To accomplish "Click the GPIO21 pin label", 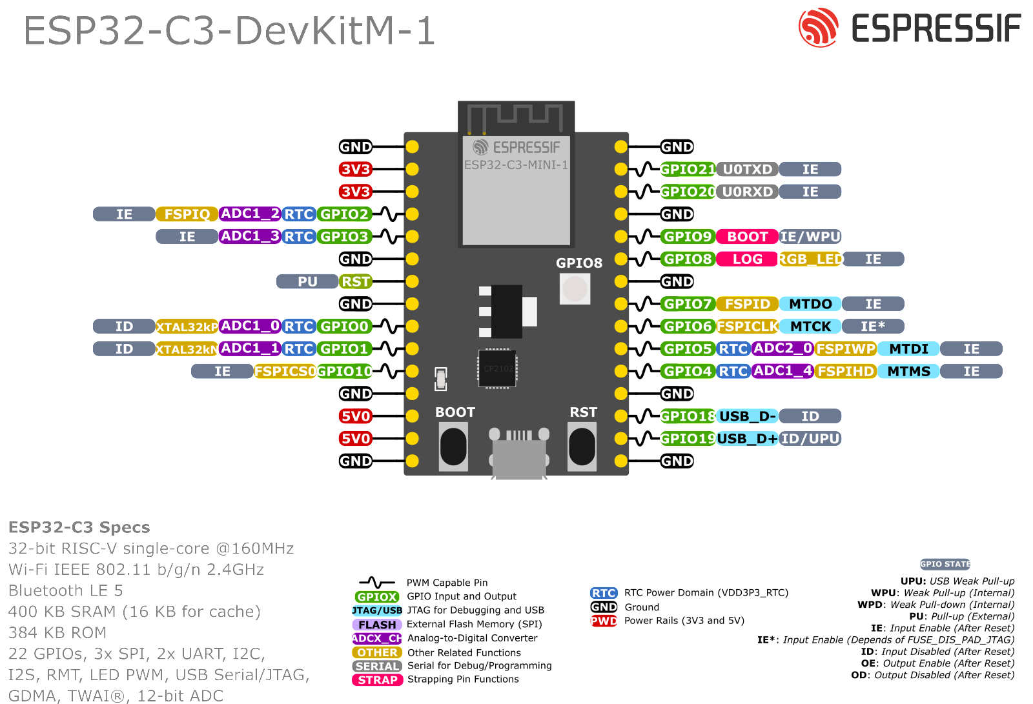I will [x=688, y=169].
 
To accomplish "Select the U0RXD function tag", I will [x=747, y=192].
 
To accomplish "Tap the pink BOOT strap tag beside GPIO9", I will [x=747, y=237].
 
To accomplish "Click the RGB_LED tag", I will [x=810, y=259].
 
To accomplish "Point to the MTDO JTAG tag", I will [x=810, y=304].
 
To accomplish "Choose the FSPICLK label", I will [x=747, y=327].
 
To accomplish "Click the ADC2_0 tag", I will [x=782, y=348].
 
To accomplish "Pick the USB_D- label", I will [x=747, y=416].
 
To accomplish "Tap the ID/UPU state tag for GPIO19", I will [x=810, y=439].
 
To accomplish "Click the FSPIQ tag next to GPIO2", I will [x=187, y=214].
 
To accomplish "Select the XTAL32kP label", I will [x=187, y=327].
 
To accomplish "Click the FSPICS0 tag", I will [x=285, y=371].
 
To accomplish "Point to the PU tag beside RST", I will [x=307, y=281].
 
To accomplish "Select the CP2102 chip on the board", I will [x=497, y=368].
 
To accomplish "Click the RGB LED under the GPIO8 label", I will [x=575, y=288].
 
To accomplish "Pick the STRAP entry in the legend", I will [x=378, y=680].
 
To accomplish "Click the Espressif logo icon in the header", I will [x=818, y=28].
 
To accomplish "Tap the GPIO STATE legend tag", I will [x=945, y=564].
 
